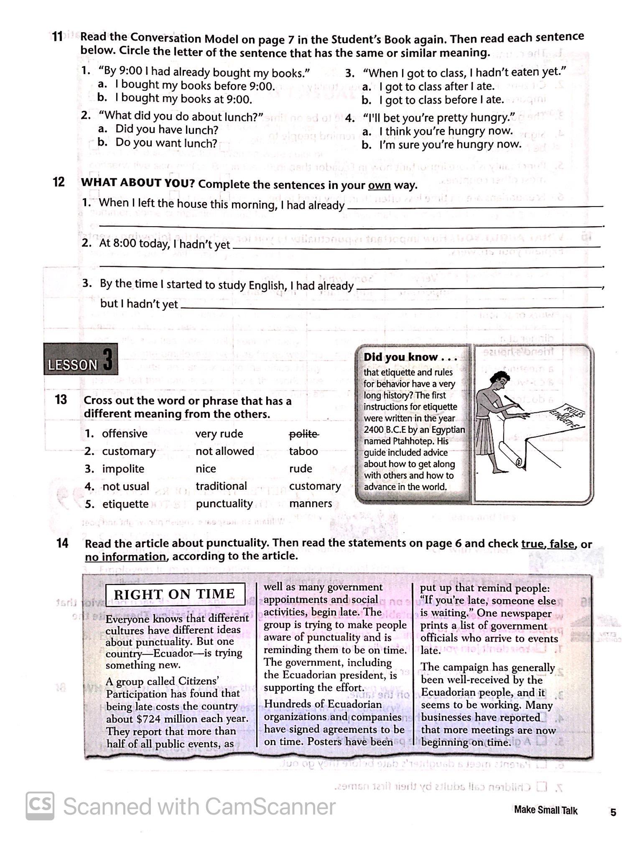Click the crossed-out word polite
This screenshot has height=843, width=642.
(x=304, y=434)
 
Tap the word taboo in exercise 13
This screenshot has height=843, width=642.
(x=303, y=451)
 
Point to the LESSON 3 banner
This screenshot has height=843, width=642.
(x=80, y=360)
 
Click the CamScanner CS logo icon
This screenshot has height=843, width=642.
(x=40, y=806)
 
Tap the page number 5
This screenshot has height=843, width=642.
(x=613, y=812)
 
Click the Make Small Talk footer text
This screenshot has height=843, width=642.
(x=545, y=810)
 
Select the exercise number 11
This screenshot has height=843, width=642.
(x=57, y=37)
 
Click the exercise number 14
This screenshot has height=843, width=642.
(x=62, y=543)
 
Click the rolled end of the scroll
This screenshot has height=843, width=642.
(x=519, y=462)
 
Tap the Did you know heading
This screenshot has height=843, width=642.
(x=410, y=357)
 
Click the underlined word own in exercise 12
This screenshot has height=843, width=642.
(x=379, y=185)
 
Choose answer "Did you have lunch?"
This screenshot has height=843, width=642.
(x=166, y=130)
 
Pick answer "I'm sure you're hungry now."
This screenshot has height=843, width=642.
(x=450, y=145)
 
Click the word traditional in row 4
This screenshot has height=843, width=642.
(x=221, y=486)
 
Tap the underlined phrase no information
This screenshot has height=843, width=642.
(x=125, y=557)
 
